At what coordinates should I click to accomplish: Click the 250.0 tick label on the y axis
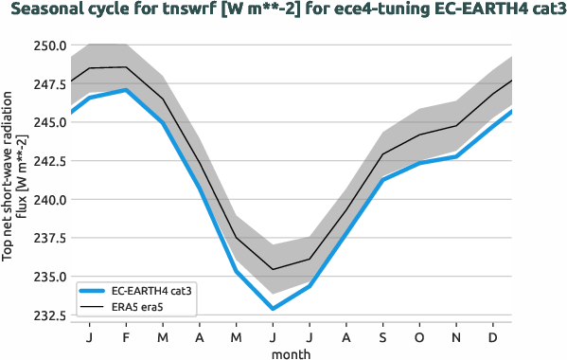click(47, 45)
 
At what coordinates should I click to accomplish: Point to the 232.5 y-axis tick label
click(47, 315)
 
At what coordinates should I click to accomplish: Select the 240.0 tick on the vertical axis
click(47, 200)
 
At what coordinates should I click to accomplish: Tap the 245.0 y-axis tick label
click(47, 123)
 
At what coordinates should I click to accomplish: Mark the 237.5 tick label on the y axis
click(47, 239)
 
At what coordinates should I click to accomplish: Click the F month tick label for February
click(126, 337)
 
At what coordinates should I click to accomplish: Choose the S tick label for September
click(383, 337)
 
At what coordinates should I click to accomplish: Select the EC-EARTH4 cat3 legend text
click(151, 292)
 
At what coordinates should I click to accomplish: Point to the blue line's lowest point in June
click(273, 309)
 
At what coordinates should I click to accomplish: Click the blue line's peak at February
click(126, 90)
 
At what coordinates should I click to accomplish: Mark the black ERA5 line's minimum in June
click(273, 269)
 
